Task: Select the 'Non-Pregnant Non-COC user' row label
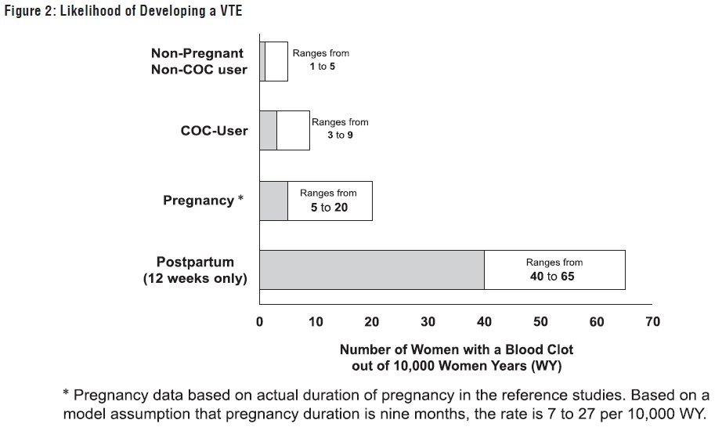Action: pos(198,61)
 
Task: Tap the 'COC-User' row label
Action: pos(214,131)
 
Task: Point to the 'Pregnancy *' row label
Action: pos(203,201)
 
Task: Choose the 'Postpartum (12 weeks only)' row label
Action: pos(195,270)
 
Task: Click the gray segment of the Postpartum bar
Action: pos(371,270)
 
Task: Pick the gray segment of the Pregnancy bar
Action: pos(273,201)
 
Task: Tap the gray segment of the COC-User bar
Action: pos(268,131)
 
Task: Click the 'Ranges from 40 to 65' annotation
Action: pos(554,270)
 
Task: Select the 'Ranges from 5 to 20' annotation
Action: pos(328,201)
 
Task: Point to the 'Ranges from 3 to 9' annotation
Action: pos(340,129)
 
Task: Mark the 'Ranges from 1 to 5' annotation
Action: pos(320,60)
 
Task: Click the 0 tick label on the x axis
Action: pos(259,322)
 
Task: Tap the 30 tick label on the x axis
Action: pos(428,322)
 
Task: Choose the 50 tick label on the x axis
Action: pos(540,322)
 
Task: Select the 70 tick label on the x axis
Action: pos(652,322)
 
